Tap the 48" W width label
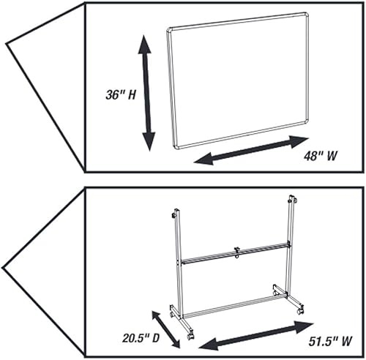[323, 156]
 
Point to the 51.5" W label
[325, 340]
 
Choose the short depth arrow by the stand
[165, 329]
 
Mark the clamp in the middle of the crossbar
[236, 252]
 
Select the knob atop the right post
[293, 198]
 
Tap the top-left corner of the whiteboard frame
[171, 31]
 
